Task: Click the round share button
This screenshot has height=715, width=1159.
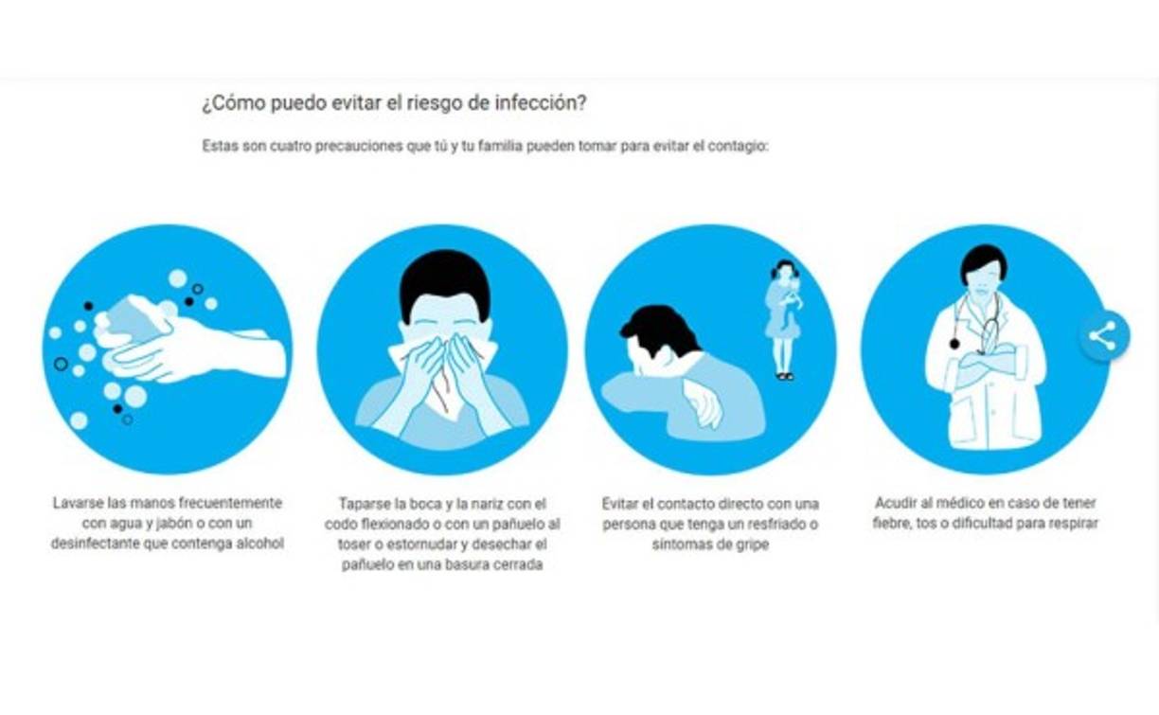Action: click(x=1104, y=336)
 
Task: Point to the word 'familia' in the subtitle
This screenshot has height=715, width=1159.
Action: click(x=500, y=146)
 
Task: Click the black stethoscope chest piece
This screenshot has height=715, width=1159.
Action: click(x=954, y=343)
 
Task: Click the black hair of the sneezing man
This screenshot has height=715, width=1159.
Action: click(x=445, y=283)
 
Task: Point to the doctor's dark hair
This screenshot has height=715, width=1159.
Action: click(x=982, y=261)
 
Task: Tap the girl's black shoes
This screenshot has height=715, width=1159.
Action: click(x=785, y=377)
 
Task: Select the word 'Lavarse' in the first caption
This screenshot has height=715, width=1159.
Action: click(x=79, y=503)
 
